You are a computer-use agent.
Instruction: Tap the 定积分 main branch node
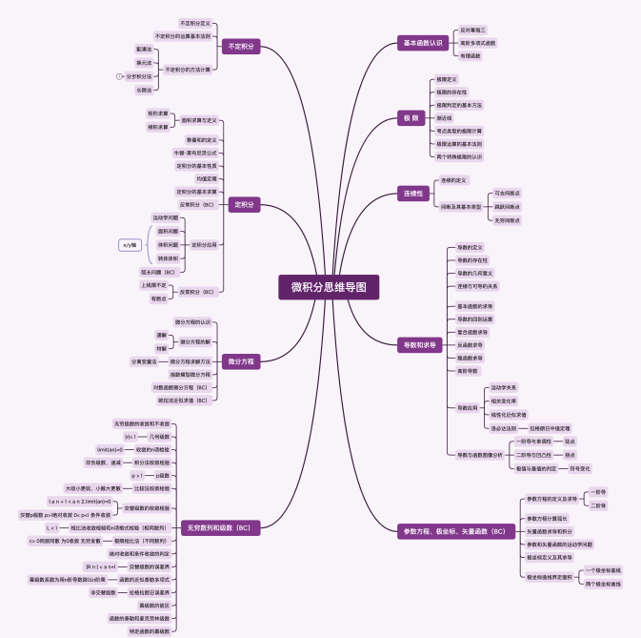pyautogui.click(x=245, y=204)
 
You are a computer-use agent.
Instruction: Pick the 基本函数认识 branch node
pyautogui.click(x=423, y=43)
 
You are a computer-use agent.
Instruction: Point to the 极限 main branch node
pyautogui.click(x=411, y=117)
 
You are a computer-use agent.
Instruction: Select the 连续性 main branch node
pyautogui.click(x=412, y=193)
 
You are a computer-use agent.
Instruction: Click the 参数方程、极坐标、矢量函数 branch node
pyautogui.click(x=452, y=530)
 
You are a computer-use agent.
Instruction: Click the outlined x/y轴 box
pyautogui.click(x=130, y=245)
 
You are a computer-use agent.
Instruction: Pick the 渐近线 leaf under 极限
pyautogui.click(x=444, y=117)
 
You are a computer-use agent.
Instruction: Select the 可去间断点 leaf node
pyautogui.click(x=508, y=193)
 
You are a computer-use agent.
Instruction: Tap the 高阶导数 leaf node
pyautogui.click(x=468, y=370)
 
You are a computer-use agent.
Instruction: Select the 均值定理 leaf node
pyautogui.click(x=207, y=178)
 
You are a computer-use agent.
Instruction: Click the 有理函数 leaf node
pyautogui.click(x=471, y=55)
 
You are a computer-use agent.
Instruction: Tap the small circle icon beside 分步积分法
pyautogui.click(x=119, y=75)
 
